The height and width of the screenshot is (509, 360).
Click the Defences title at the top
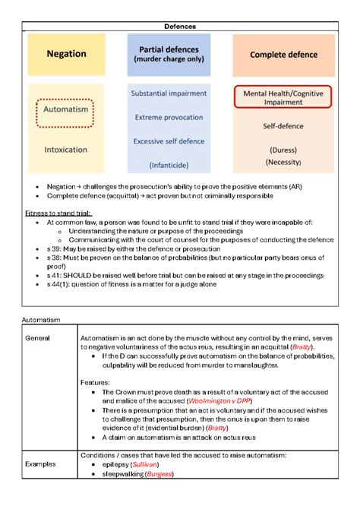[x=180, y=26]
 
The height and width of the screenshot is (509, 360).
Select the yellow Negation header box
[x=67, y=54]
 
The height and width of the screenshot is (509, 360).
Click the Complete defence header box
[x=283, y=55]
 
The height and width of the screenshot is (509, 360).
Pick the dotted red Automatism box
[x=67, y=109]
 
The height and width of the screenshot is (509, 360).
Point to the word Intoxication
[x=67, y=150]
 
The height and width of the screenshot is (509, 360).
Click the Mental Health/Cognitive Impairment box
[x=283, y=99]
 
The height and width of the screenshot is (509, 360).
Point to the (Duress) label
[x=283, y=149]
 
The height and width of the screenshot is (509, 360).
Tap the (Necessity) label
[x=283, y=162]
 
